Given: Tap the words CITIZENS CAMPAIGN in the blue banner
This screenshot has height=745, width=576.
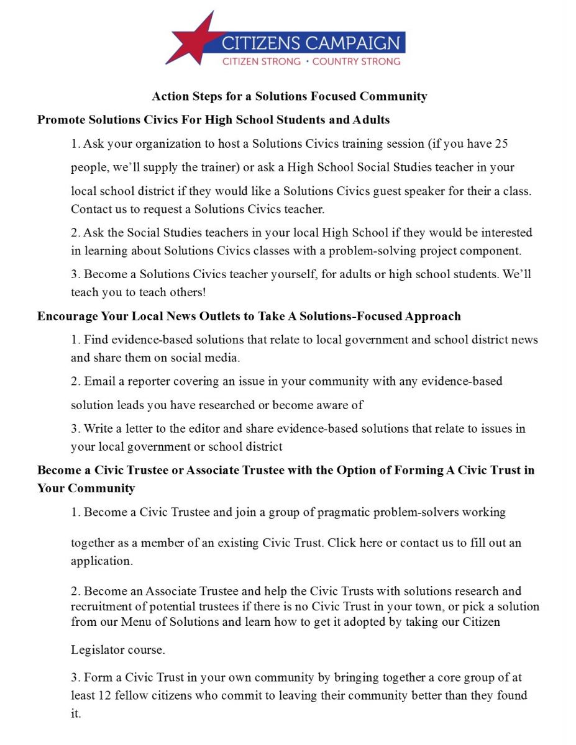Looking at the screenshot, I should coord(311,43).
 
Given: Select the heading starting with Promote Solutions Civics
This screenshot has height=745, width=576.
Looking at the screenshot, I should coord(213,119).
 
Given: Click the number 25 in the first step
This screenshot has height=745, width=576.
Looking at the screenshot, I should coord(501,144).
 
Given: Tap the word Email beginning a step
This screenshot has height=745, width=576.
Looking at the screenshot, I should coord(99,381).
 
